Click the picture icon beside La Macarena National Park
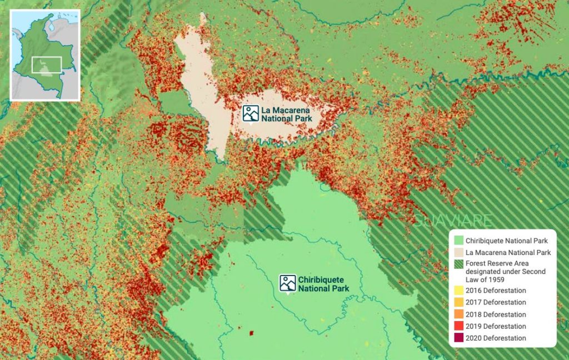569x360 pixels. (x=251, y=113)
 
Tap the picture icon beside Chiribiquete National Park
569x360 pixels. (x=287, y=283)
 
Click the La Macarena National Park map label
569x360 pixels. (x=287, y=114)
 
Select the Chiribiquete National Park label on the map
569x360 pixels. (x=323, y=284)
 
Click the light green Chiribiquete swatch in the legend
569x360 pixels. (x=458, y=241)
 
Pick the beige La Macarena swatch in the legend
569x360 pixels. (x=458, y=253)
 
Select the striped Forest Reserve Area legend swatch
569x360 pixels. (x=458, y=264)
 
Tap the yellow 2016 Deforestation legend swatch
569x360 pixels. (x=458, y=291)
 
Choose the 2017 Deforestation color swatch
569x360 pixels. (x=458, y=303)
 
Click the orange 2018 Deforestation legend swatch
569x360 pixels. (x=458, y=314)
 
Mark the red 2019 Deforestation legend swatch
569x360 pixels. (x=458, y=327)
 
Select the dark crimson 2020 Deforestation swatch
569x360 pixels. (x=458, y=338)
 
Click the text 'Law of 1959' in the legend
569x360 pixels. (x=486, y=279)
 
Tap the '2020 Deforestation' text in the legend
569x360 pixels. (x=496, y=338)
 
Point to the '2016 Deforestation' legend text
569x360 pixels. (x=496, y=291)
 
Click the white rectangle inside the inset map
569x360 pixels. (x=46, y=64)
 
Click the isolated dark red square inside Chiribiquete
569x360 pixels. (x=251, y=333)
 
